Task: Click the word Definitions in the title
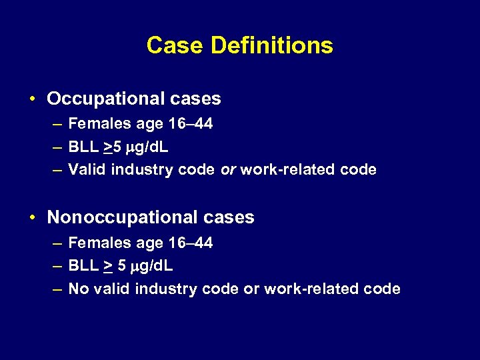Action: pyautogui.click(x=271, y=45)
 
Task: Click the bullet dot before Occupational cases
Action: pyautogui.click(x=32, y=100)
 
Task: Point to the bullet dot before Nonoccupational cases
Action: pyautogui.click(x=32, y=218)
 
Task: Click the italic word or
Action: pyautogui.click(x=228, y=170)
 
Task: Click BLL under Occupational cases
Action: pyautogui.click(x=83, y=147)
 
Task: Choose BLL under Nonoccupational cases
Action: pyautogui.click(x=83, y=265)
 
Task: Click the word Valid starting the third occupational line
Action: pyautogui.click(x=87, y=170)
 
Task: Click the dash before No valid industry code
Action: pyautogui.click(x=56, y=289)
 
